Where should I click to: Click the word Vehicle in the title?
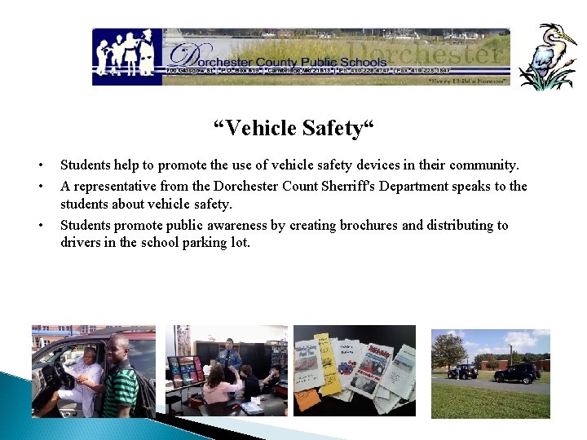click(259, 128)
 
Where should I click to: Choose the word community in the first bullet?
click(482, 166)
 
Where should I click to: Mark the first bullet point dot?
click(38, 166)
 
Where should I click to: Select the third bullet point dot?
click(38, 226)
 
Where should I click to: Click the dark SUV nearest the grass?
click(517, 373)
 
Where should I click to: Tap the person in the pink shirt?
click(218, 386)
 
